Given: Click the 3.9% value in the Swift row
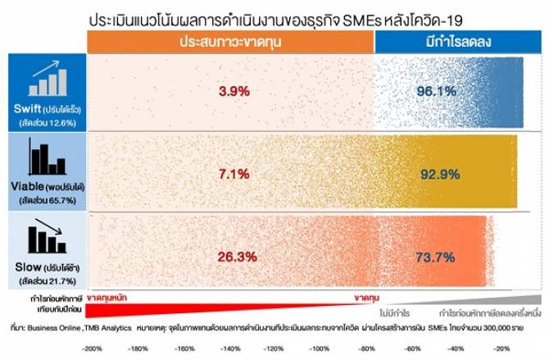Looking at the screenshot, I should (x=234, y=91).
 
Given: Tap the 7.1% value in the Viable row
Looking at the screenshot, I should (x=234, y=175).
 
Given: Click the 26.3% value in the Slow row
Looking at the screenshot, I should (x=234, y=256).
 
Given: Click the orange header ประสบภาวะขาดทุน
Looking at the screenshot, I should (x=230, y=40).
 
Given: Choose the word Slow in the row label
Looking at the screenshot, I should (x=29, y=267).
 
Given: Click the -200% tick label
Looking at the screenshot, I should (x=92, y=349).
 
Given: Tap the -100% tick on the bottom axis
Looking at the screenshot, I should (x=316, y=349).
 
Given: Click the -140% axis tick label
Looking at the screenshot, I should (x=227, y=349).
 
